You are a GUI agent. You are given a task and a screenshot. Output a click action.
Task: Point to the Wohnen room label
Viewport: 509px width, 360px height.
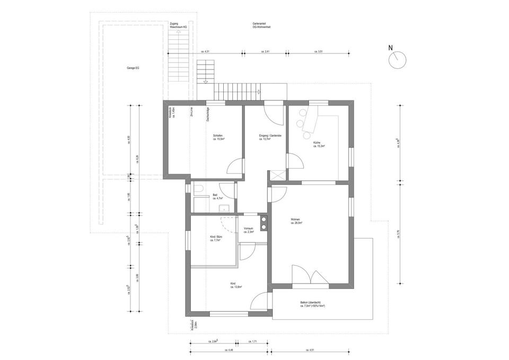[x=296, y=221]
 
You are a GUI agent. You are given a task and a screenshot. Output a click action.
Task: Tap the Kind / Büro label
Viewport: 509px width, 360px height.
[x=215, y=239]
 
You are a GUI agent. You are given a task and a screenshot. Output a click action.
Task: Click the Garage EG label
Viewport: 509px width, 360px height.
[x=133, y=68]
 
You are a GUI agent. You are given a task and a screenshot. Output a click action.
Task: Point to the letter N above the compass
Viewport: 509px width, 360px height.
[x=391, y=48]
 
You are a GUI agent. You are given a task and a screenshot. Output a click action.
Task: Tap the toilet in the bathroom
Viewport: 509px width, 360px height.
[x=198, y=190]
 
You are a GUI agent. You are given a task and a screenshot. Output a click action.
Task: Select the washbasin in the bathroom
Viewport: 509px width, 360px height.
[x=225, y=207]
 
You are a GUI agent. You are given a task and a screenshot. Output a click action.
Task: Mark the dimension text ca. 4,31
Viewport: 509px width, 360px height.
[x=206, y=51]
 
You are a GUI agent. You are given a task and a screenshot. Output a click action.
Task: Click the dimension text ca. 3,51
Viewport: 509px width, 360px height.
[x=319, y=51]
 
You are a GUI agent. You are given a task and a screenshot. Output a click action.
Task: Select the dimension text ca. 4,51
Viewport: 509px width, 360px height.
[x=310, y=350]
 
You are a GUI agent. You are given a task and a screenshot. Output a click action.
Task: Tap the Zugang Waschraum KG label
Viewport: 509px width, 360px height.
[x=178, y=25]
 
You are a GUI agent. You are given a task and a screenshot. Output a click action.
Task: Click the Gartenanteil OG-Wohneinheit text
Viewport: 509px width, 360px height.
[x=262, y=25]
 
